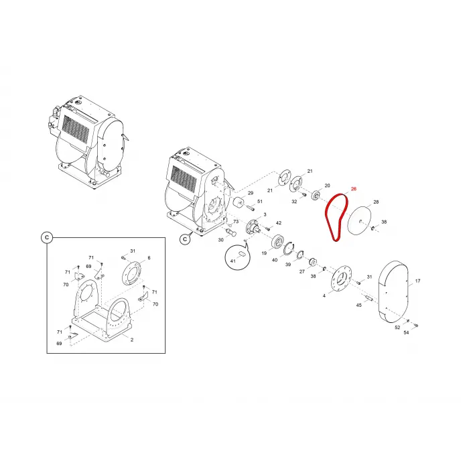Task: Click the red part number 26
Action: [x=354, y=189]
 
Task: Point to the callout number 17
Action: [x=417, y=281]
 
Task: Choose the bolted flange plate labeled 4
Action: [x=341, y=277]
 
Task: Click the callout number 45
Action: [x=359, y=305]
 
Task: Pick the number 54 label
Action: [x=406, y=332]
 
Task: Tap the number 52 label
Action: [x=397, y=328]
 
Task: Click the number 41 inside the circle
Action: [x=233, y=261]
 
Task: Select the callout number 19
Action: [x=264, y=253]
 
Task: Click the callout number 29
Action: [x=251, y=193]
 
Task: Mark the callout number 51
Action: [x=260, y=201]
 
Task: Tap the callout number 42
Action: [x=279, y=223]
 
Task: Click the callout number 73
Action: [x=236, y=222]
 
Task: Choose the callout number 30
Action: [x=220, y=240]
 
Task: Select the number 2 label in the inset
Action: [x=132, y=340]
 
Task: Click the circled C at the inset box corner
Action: [x=47, y=237]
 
